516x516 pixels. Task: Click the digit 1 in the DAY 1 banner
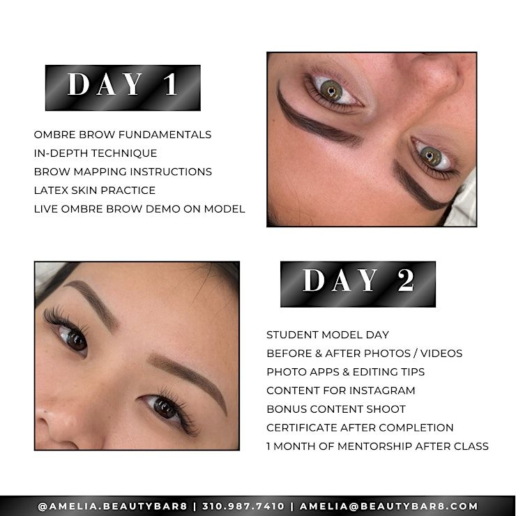click(x=171, y=84)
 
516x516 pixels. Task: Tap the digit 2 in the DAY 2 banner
click(x=406, y=280)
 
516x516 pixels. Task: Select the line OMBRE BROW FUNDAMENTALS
click(x=123, y=135)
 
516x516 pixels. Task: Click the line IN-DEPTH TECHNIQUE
click(x=96, y=153)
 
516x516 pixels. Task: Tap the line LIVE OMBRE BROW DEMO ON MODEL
click(x=139, y=209)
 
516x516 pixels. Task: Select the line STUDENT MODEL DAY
click(x=328, y=335)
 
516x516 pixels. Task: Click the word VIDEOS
click(x=441, y=353)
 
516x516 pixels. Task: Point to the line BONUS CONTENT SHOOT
click(x=336, y=409)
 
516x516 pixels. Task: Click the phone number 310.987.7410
click(x=243, y=506)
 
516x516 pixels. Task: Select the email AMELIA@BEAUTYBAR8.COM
click(x=388, y=506)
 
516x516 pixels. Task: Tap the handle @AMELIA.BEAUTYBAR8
click(x=112, y=506)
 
